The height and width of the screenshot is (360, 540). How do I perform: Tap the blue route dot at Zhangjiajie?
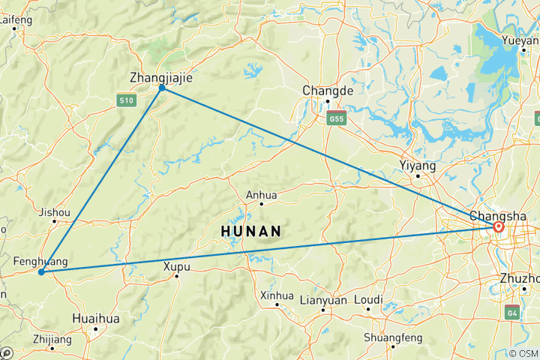pos(162,88)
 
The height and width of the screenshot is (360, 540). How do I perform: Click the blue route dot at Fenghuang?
pos(40,272)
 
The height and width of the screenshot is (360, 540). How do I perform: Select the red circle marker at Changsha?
pos(499,226)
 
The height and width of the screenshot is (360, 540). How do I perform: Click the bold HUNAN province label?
pos(252,232)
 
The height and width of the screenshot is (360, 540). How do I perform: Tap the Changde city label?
pos(327,90)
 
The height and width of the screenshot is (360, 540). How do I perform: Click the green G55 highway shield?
pos(335,118)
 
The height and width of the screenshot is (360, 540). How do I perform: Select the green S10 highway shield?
pos(126,100)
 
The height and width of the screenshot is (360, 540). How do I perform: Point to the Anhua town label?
pos(261,195)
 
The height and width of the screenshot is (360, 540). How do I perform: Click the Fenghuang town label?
pos(40,261)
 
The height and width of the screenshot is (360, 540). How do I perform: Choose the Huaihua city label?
pos(96,318)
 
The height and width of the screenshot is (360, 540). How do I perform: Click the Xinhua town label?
pos(276,295)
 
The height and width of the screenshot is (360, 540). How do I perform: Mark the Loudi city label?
pos(368,299)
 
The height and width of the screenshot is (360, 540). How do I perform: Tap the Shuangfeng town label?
pos(391,337)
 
